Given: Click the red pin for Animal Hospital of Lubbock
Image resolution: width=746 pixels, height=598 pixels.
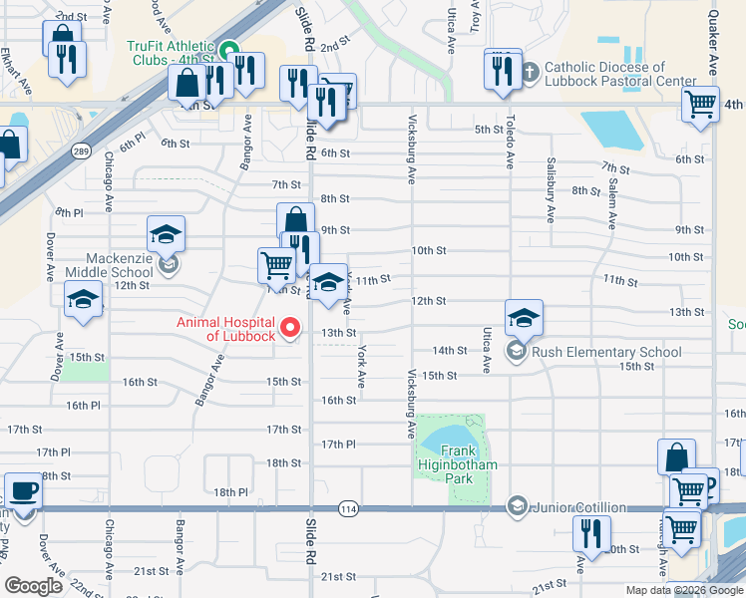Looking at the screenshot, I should (291, 327).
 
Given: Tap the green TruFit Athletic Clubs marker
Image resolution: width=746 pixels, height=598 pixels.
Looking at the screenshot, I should (228, 49).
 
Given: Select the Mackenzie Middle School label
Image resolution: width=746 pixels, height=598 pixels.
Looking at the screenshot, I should (110, 264).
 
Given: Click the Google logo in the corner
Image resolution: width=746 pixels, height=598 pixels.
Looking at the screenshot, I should (34, 585).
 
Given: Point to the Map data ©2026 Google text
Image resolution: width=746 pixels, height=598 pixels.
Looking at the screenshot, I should (683, 590).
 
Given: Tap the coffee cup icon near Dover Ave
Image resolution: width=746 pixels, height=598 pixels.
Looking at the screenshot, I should (23, 491).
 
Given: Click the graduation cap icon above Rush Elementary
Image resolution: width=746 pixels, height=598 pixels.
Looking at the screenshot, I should (524, 317).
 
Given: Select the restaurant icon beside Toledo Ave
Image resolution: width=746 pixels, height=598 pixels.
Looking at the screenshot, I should (503, 70).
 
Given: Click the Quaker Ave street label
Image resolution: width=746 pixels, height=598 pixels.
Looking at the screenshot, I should (713, 45).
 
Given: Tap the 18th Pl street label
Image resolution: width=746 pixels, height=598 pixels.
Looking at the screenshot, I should (229, 492).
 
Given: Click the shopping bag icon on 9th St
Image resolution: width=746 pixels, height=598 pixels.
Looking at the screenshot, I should (296, 220).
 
